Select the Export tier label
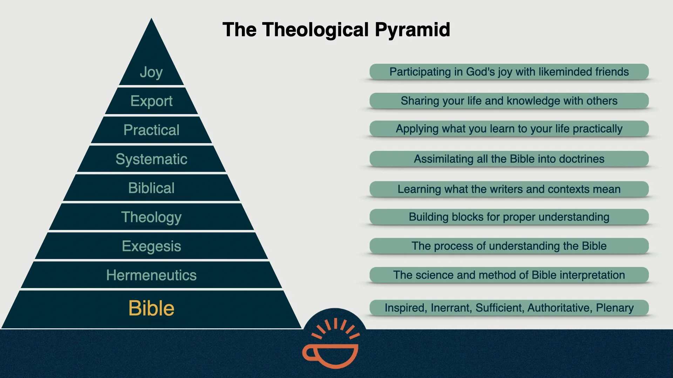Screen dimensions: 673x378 [x=151, y=101]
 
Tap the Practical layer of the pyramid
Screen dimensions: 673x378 [x=151, y=130]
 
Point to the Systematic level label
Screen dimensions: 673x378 [x=151, y=159]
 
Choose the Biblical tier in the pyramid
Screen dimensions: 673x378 [x=151, y=188]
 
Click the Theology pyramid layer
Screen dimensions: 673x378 [x=151, y=217]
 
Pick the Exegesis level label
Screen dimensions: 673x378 [x=151, y=246]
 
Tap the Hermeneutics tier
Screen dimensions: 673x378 [x=151, y=275]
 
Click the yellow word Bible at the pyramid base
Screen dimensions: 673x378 [x=151, y=308]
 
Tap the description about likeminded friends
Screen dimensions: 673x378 [x=509, y=72]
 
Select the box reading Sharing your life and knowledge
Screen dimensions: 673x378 [x=509, y=101]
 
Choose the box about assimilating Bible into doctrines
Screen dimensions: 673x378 [x=509, y=159]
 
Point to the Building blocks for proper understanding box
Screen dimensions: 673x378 [x=509, y=217]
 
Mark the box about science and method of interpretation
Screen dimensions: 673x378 [x=509, y=275]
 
